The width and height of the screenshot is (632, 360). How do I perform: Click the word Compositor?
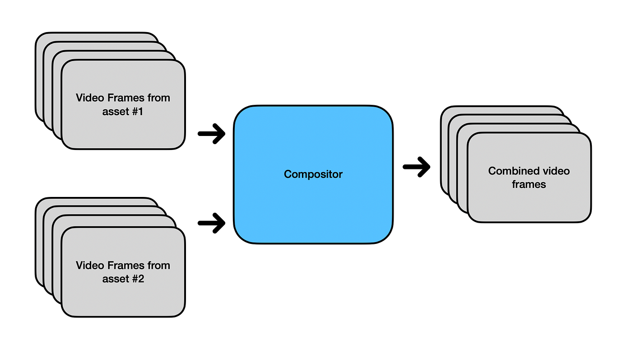[313, 174]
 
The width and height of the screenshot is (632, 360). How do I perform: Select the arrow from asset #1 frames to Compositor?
[212, 134]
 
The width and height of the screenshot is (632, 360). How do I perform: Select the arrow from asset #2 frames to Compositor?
[212, 223]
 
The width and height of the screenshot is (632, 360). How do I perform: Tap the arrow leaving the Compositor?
[416, 167]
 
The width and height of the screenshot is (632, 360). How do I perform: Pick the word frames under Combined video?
[529, 184]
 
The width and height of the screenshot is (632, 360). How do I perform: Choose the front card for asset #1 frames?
[123, 131]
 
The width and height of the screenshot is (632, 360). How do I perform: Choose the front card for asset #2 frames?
[123, 298]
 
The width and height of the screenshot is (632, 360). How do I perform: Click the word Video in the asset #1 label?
[89, 98]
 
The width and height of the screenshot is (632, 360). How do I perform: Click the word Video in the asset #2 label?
[89, 265]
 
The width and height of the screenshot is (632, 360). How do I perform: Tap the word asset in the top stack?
[115, 112]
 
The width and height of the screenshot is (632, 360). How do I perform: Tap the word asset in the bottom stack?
[115, 279]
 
